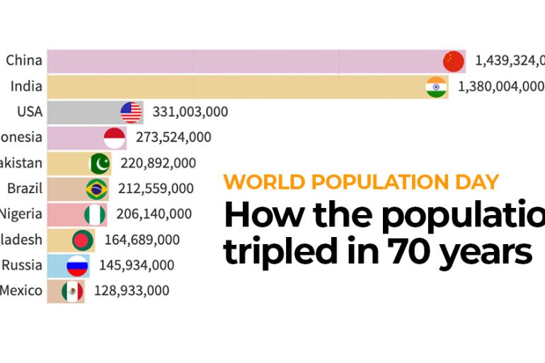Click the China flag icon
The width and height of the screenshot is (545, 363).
click(454, 61)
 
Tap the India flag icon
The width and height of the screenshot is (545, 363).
click(436, 86)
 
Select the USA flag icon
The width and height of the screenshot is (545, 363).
click(131, 112)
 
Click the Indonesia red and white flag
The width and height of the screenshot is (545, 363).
click(115, 137)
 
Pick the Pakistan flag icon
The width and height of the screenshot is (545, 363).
click(100, 163)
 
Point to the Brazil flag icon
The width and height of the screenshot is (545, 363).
click(97, 189)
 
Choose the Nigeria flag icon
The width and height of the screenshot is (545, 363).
click(95, 214)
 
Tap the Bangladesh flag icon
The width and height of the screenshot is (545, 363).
click(82, 240)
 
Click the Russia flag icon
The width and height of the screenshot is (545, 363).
click(76, 265)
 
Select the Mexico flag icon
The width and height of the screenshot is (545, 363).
click(72, 291)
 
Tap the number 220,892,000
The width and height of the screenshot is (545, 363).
click(158, 163)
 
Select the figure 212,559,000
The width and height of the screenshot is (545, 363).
click(155, 189)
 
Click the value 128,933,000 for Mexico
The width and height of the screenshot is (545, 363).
click(131, 291)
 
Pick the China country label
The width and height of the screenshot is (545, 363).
click(24, 61)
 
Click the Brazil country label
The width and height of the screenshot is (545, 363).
click(25, 189)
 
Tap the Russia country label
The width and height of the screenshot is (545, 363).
click(22, 265)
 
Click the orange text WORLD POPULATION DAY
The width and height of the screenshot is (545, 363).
click(362, 181)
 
